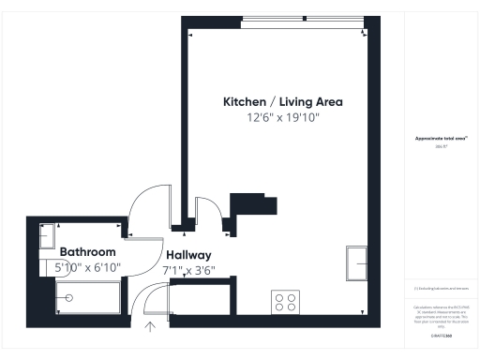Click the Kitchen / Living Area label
tap(282, 101)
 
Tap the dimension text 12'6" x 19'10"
tap(282, 118)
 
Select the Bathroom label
tap(88, 252)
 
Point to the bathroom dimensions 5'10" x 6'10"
tap(88, 267)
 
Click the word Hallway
tap(188, 255)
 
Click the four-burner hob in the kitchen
tap(286, 302)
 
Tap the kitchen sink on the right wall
tap(358, 263)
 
